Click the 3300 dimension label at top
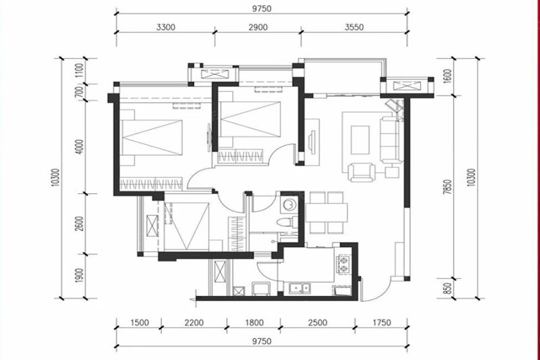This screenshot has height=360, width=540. click(165, 27)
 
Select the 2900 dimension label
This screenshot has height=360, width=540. click(258, 27)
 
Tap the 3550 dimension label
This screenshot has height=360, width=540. click(354, 27)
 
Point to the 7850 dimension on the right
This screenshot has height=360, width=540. click(448, 187)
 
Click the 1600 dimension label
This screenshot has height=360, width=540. click(448, 76)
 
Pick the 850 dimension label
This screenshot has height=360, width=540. click(448, 288)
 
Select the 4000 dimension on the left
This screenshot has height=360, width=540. click(80, 147)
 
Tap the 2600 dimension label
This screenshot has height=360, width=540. click(80, 224)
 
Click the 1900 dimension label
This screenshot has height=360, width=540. click(80, 276)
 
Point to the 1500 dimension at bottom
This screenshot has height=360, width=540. click(140, 323)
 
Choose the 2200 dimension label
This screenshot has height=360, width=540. click(194, 323)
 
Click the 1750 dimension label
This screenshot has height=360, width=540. click(381, 323)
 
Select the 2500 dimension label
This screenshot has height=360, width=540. click(317, 323)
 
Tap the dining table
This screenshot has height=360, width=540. click(326, 212)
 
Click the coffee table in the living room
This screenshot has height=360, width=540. click(360, 140)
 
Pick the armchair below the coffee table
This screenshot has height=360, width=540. click(362, 173)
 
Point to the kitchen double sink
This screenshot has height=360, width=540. click(300, 288)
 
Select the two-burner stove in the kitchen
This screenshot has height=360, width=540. click(344, 264)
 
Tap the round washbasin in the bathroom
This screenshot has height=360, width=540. click(288, 204)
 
